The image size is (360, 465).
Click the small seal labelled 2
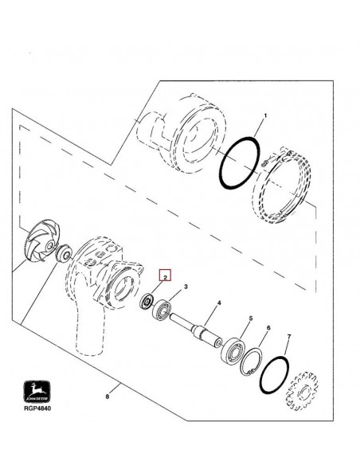tap(146, 303)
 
